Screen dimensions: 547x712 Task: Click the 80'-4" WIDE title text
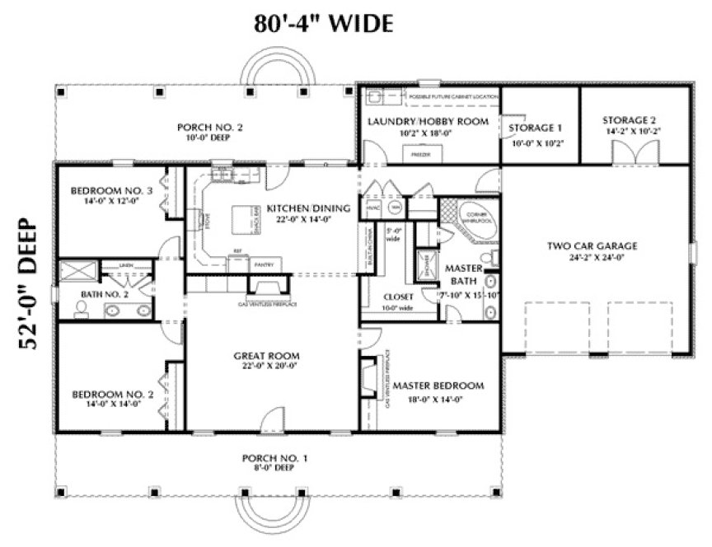tap(323, 23)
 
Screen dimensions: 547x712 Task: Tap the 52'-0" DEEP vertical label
tap(30, 285)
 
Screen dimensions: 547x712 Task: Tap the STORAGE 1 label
tap(535, 128)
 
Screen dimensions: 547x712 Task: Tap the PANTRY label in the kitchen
tap(265, 264)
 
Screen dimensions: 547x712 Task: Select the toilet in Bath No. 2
tap(81, 309)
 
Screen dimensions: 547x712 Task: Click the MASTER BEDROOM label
tap(438, 386)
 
